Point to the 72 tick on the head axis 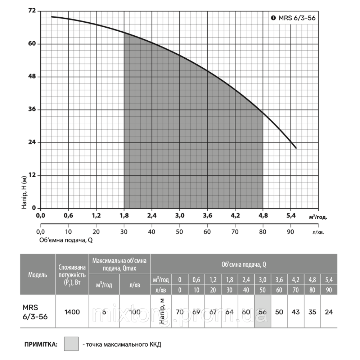click(32, 11)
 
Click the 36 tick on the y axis click(32, 109)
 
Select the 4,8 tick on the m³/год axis click(263, 216)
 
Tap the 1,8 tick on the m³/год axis click(124, 216)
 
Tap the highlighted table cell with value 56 click(262, 312)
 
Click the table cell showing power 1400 click(72, 312)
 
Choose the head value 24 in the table click(329, 312)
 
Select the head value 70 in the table click(180, 312)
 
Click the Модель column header click(37, 275)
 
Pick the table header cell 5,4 click(329, 280)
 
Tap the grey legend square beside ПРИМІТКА click(71, 344)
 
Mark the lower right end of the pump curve click(296, 148)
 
